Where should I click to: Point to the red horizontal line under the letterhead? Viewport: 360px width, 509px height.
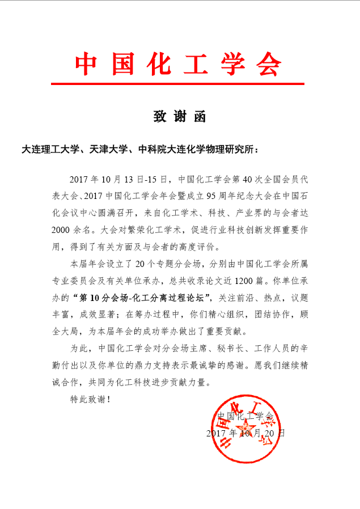click(177, 84)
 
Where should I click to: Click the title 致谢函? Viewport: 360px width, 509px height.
click(179, 117)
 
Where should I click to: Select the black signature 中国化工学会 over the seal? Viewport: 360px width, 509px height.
click(245, 416)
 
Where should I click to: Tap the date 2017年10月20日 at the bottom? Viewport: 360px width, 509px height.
click(245, 432)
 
